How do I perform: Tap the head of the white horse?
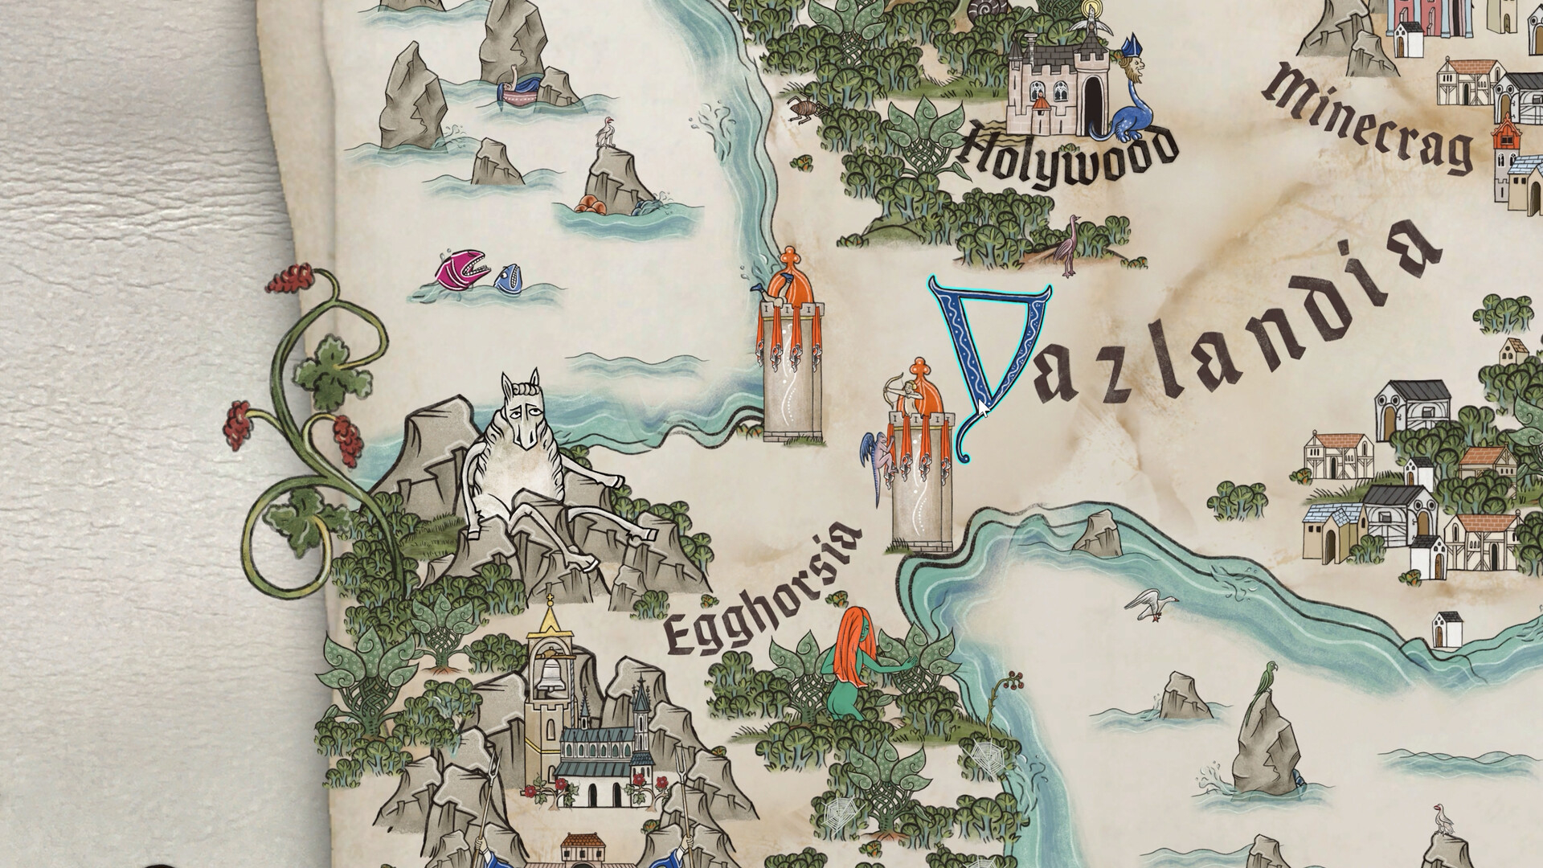[522, 409]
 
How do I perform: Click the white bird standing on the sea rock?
[604, 133]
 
